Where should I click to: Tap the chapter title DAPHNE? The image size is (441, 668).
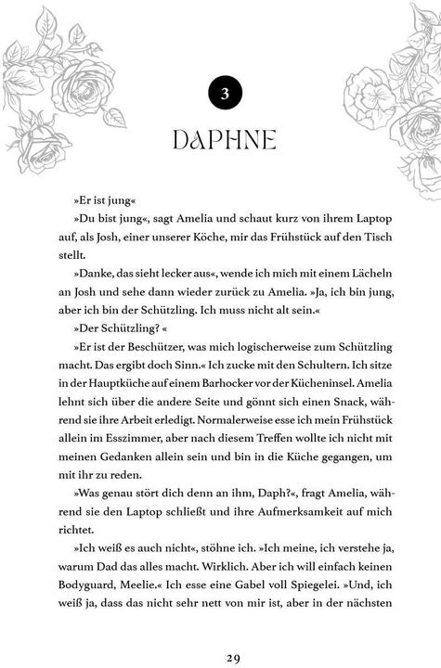[x=223, y=141]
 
